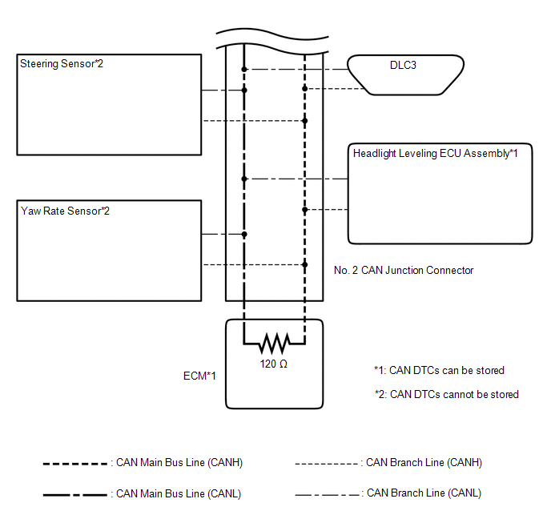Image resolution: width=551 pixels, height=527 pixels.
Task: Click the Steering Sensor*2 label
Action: click(x=62, y=63)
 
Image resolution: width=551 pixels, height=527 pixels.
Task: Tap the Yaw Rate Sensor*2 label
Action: click(x=66, y=211)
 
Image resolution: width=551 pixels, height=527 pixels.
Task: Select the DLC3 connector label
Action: click(x=403, y=65)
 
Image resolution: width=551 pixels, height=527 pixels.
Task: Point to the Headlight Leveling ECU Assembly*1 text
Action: click(x=436, y=153)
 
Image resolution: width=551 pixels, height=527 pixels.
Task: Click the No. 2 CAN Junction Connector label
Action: click(x=404, y=270)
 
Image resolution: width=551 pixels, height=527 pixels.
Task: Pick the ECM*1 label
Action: click(x=199, y=376)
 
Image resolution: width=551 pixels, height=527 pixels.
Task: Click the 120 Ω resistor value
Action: click(x=274, y=364)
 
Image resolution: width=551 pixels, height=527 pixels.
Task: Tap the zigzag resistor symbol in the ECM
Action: click(x=274, y=344)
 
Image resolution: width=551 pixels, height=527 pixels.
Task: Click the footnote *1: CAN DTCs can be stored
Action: click(x=439, y=370)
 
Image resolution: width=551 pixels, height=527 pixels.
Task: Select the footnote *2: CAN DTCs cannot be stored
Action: click(x=447, y=394)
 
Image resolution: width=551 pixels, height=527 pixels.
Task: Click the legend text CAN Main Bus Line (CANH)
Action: click(x=179, y=462)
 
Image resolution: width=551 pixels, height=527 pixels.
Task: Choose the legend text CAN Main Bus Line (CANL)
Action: click(x=179, y=493)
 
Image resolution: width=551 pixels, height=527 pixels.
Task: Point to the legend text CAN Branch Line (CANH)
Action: click(x=424, y=462)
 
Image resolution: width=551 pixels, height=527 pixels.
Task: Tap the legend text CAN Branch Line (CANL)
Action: click(x=424, y=493)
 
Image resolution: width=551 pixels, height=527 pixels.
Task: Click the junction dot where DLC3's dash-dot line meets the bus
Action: click(x=244, y=69)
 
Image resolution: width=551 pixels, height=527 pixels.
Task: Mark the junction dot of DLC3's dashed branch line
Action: click(x=304, y=89)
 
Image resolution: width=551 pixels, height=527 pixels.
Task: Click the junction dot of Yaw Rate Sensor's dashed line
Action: click(x=304, y=264)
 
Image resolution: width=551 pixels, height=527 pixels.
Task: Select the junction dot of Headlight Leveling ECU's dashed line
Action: click(x=304, y=210)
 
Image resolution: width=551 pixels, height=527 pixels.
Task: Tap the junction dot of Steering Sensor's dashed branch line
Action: click(x=304, y=121)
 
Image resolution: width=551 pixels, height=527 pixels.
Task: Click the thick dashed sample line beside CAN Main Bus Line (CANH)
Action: click(x=74, y=464)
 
